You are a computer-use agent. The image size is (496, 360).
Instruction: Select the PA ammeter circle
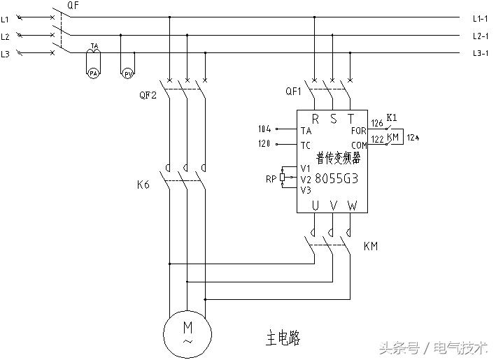click(x=92, y=73)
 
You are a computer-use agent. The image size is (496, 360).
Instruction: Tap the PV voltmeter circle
click(x=128, y=73)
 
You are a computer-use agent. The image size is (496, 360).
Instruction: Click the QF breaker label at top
click(x=72, y=6)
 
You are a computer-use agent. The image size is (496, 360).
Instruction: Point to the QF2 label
click(x=148, y=95)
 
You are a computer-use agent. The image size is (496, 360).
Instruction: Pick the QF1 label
click(x=294, y=92)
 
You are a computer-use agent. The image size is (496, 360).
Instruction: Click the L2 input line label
click(x=6, y=36)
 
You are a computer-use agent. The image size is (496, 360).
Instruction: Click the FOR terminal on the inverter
click(x=358, y=130)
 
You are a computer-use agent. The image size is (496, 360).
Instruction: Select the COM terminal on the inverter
click(x=359, y=145)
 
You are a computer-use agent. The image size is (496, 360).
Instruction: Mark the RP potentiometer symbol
click(x=282, y=178)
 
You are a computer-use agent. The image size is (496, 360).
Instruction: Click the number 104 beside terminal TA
click(x=264, y=129)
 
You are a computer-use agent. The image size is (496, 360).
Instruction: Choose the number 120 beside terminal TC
click(x=264, y=145)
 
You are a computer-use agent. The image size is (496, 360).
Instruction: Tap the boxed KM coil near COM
click(x=393, y=138)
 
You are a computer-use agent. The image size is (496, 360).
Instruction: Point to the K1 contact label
click(x=392, y=117)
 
